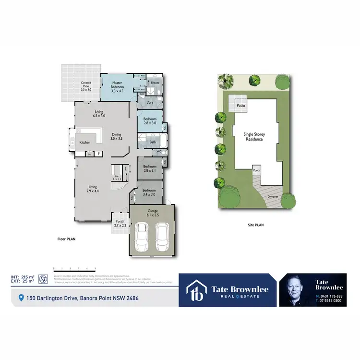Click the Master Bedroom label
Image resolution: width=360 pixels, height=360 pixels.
point(117,85)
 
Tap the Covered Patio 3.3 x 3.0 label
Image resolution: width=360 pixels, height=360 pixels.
point(86,86)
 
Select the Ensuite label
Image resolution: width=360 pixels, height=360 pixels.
point(155,83)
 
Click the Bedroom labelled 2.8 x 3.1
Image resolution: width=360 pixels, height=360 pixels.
point(150,168)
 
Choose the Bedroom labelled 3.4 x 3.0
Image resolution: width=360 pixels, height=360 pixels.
point(149,192)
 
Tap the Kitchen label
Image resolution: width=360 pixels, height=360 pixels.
point(84,143)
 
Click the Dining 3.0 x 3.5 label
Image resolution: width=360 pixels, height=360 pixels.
point(117,136)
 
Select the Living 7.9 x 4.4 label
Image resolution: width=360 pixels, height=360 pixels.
point(93,189)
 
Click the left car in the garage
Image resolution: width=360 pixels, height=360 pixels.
point(141,237)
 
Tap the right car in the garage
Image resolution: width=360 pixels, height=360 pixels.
point(162,237)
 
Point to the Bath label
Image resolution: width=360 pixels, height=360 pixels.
point(153,142)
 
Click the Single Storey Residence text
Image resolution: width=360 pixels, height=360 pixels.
point(254,136)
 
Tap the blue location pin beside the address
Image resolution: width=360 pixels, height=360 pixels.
point(21,298)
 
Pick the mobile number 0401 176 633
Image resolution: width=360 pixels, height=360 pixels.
point(331,296)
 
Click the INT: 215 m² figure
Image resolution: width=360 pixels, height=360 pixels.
point(23,277)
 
